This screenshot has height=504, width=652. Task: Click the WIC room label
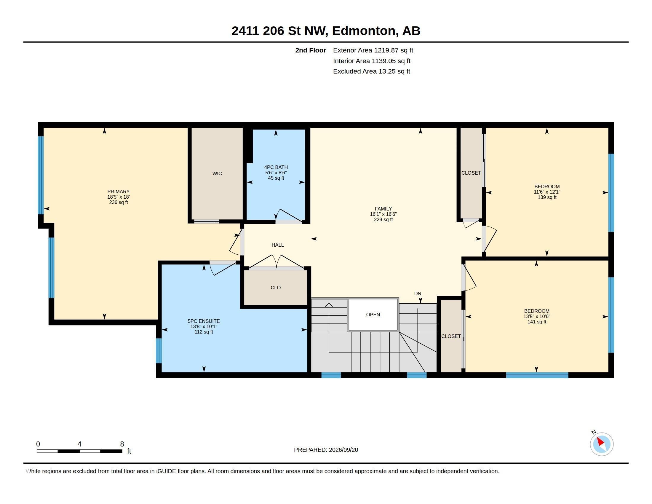tap(217, 173)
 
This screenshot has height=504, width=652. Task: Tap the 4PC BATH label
tap(276, 167)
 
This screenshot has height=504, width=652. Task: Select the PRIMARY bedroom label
tap(119, 192)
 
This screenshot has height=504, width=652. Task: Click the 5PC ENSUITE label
tap(204, 321)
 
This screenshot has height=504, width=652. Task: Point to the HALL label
tap(278, 245)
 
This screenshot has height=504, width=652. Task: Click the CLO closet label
tap(276, 288)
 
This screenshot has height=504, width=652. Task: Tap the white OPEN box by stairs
tap(373, 315)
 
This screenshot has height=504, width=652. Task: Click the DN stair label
tap(418, 294)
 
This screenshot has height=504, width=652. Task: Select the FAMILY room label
tap(383, 209)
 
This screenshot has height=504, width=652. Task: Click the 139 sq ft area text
tap(547, 197)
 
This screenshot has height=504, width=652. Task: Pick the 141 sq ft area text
tap(537, 322)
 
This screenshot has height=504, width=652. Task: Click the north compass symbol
tap(602, 444)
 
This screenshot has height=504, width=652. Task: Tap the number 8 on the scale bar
tap(122, 444)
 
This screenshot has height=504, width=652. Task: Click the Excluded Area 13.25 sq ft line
tap(372, 71)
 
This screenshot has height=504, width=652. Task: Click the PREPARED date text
tap(326, 450)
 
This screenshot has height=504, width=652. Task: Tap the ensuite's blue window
tap(159, 350)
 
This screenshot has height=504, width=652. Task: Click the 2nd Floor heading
tap(311, 50)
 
